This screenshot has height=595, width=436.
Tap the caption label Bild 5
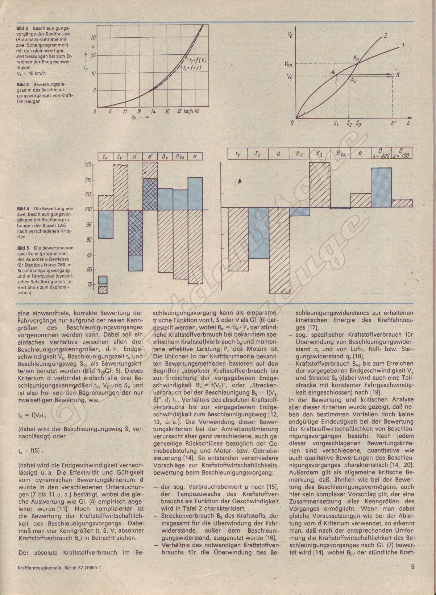pyautogui.click(x=23, y=248)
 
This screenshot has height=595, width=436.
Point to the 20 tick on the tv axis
pyautogui.click(x=93, y=37)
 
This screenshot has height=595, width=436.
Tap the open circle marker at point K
pyautogui.click(x=392, y=75)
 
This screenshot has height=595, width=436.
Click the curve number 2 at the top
pyautogui.click(x=385, y=36)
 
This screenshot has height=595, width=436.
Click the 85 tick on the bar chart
pyautogui.click(x=88, y=255)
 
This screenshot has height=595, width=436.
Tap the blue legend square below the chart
pyautogui.click(x=103, y=279)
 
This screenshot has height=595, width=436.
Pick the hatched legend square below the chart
pyautogui.click(x=103, y=289)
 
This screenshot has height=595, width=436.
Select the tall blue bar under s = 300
pyautogui.click(x=381, y=188)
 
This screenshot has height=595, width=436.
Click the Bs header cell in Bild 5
pyautogui.click(x=319, y=154)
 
